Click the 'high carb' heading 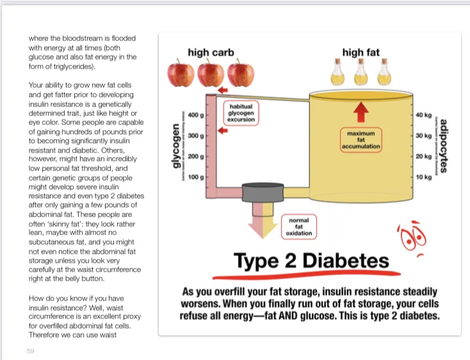pos(211,52)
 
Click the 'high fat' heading pos(361,52)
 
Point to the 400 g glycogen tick pos(195,115)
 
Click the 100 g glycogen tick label pos(195,176)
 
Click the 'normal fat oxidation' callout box pos(298,226)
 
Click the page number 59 pos(31,351)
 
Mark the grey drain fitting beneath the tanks pos(261,193)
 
